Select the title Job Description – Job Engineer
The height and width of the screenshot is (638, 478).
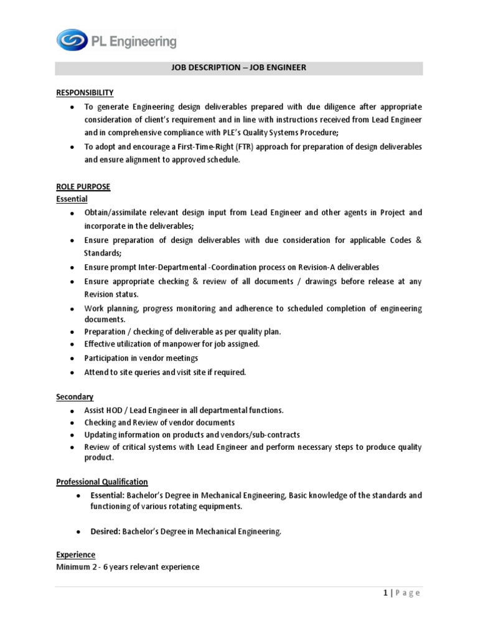[239, 68]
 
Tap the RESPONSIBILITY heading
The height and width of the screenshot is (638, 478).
[85, 92]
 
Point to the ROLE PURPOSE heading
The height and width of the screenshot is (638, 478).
[83, 187]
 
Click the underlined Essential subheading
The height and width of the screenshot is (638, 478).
[72, 199]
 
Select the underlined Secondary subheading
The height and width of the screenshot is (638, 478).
[75, 397]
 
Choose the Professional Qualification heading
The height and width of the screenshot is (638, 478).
[102, 482]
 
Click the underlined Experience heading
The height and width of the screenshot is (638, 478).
[75, 555]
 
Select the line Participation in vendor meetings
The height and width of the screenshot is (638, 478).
[141, 358]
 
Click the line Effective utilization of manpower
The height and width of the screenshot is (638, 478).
[172, 344]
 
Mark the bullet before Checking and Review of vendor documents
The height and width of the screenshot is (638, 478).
[73, 423]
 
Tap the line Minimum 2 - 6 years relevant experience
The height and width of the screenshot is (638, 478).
[128, 567]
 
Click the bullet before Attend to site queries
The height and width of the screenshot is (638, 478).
[73, 373]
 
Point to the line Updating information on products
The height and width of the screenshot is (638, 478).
[192, 435]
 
